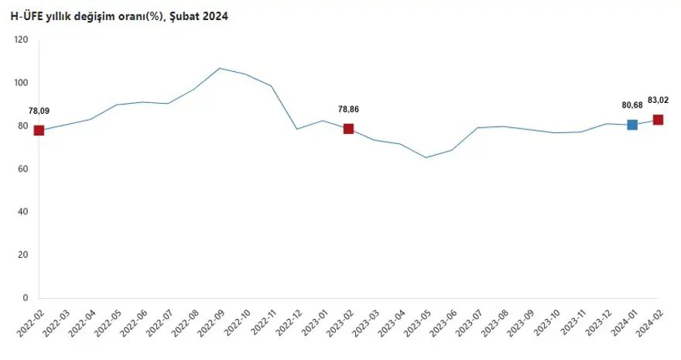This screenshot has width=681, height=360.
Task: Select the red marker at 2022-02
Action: pos(39,130)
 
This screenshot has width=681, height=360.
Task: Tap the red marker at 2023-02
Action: pos(348,129)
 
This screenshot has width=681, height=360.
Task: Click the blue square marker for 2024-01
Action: pos(632,125)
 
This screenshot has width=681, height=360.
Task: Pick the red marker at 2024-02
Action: pos(658,120)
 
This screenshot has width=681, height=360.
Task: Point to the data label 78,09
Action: pos(39,111)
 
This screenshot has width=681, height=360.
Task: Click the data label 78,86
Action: pos(348,110)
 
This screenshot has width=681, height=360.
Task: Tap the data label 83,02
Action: pos(659,100)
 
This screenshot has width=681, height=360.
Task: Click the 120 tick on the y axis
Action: pos(21,39)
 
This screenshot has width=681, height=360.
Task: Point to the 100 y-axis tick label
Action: pos(21,83)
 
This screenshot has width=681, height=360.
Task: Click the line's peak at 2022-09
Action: pos(220,68)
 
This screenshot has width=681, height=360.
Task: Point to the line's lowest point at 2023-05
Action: pos(426,157)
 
